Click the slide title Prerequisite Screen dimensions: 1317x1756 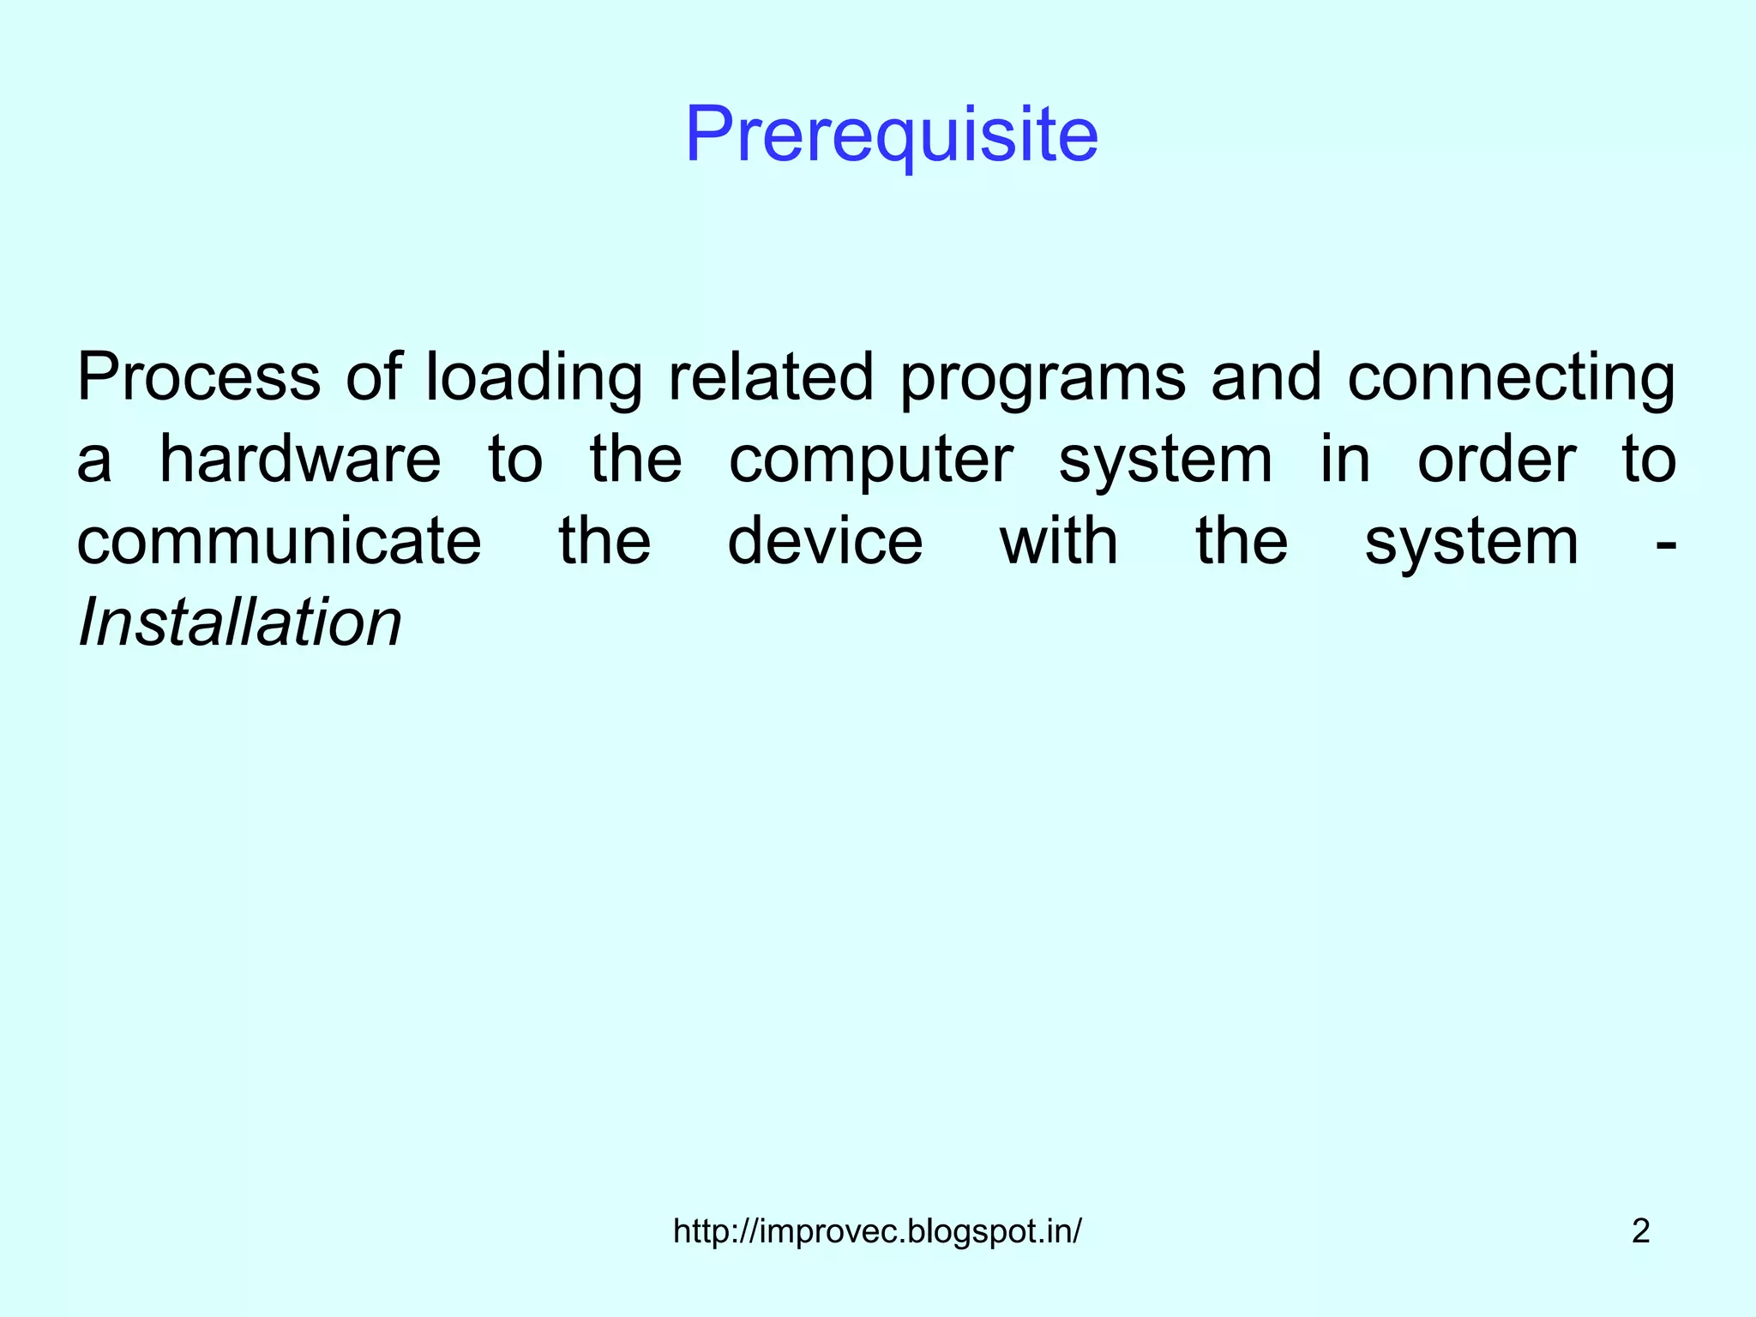point(892,135)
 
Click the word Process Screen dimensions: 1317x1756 point(198,377)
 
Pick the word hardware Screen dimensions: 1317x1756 point(300,460)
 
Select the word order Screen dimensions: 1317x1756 point(1496,460)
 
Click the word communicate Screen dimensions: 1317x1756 point(280,541)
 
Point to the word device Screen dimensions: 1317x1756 point(825,541)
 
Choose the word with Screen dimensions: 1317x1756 point(1059,541)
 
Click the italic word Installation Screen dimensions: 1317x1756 point(239,622)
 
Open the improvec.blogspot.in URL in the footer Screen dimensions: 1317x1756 point(877,1231)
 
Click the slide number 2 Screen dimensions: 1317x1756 point(1640,1231)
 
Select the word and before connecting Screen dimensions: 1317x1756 point(1266,377)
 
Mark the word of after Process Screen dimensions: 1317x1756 point(373,377)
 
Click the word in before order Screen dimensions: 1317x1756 point(1344,460)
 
